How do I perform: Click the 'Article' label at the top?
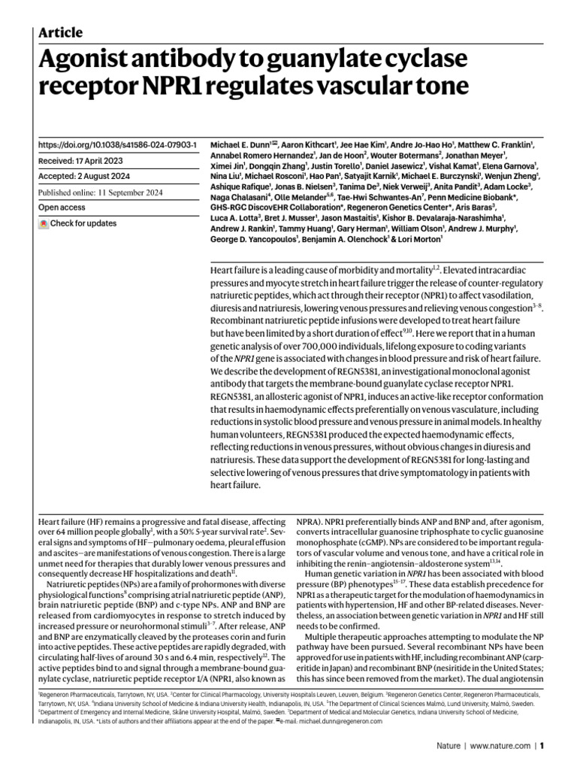[x=60, y=32]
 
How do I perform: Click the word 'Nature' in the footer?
[x=449, y=747]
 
